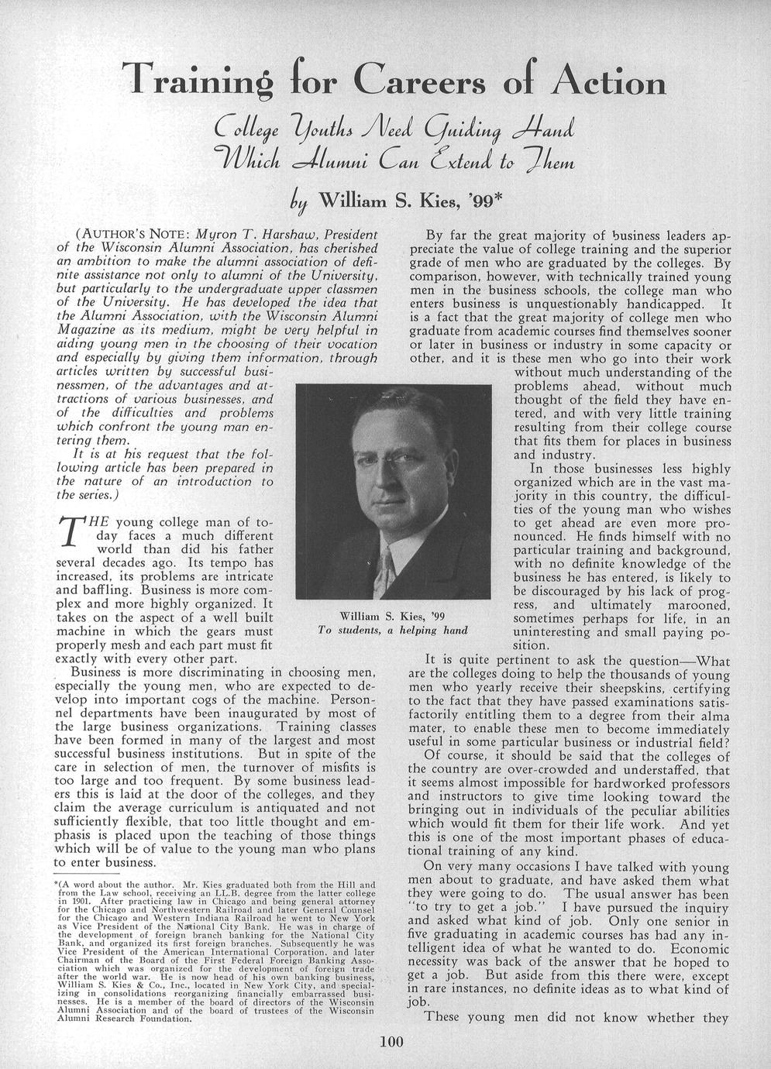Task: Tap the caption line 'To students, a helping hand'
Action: tap(393, 630)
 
